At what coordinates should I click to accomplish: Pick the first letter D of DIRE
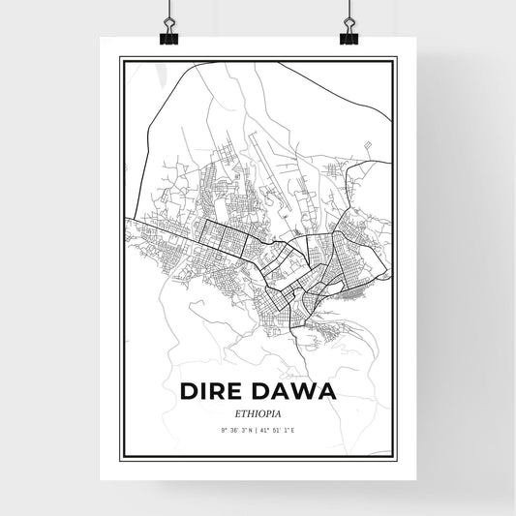pos(188,392)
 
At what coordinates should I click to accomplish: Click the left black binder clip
pos(168,37)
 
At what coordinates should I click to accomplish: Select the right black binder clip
pos(348,37)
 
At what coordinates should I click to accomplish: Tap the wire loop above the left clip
pos(167,14)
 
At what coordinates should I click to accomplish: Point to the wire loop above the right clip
pos(348,14)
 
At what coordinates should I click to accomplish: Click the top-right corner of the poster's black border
pos(395,58)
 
